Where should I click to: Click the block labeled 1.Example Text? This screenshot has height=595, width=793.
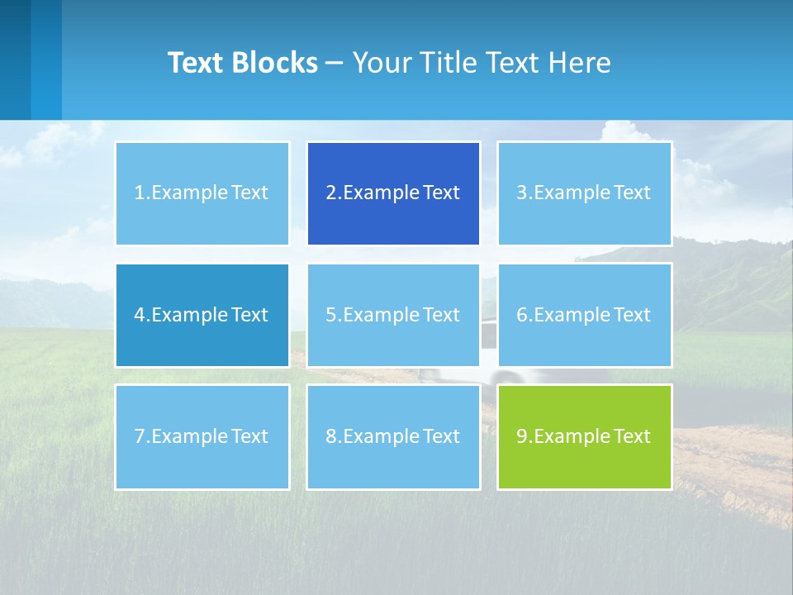202,193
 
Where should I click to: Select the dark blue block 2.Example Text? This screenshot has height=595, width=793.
393,193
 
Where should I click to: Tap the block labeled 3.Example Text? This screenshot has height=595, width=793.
584,193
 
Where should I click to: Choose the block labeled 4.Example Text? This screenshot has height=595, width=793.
202,315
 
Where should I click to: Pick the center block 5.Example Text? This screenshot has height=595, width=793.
393,315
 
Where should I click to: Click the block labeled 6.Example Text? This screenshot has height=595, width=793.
584,315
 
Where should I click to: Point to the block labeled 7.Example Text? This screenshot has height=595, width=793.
202,436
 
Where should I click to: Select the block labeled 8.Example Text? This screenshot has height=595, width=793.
393,436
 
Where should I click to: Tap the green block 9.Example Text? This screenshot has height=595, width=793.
584,436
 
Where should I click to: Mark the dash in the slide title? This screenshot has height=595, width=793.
335,63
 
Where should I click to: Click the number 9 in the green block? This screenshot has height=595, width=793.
522,436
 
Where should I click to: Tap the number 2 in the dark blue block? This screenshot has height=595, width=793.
330,193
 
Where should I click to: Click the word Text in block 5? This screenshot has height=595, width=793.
441,315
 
